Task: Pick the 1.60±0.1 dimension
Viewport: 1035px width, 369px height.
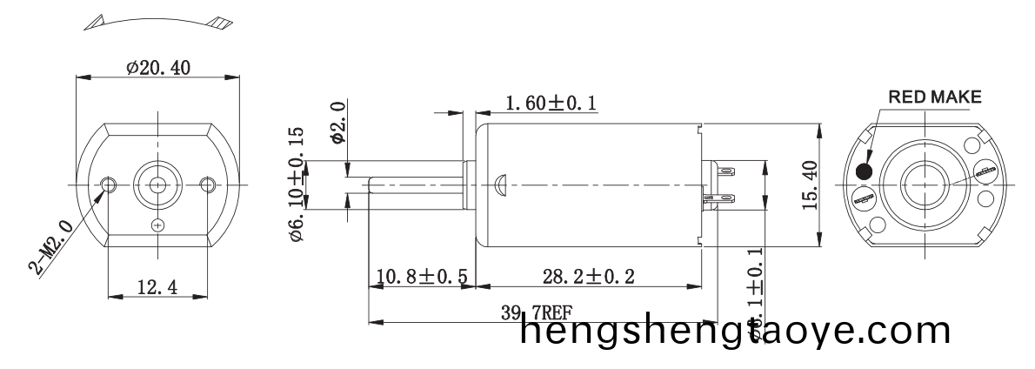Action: [x=551, y=104]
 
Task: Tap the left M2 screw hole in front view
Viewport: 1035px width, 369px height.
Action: [x=109, y=184]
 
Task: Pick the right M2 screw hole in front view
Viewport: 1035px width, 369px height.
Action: [x=207, y=184]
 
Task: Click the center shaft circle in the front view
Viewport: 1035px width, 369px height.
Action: [x=157, y=184]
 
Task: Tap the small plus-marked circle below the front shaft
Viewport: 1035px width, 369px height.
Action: [x=157, y=225]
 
